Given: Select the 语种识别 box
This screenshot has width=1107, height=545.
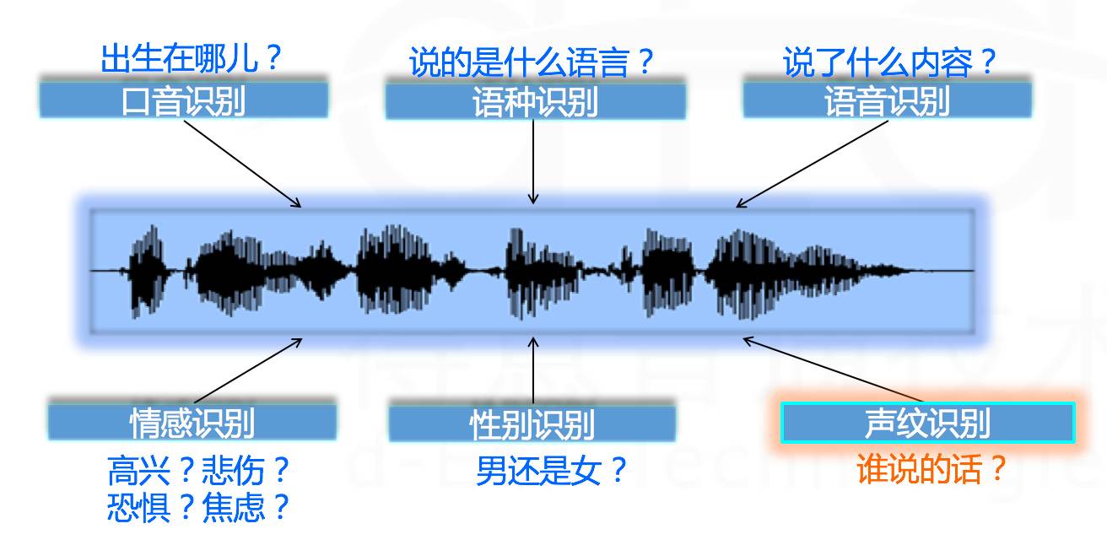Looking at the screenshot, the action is point(535,102).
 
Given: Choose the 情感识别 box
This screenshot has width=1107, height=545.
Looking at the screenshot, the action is point(192,422).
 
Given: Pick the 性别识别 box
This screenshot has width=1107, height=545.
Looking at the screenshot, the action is point(532,424).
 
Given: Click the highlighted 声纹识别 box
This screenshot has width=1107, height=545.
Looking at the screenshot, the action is point(927,423).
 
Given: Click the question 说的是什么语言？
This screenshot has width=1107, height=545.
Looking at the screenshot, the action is point(532,62).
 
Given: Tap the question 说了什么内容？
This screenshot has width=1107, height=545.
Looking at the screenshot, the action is point(889,62).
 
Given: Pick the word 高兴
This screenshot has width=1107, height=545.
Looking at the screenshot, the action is point(128,470).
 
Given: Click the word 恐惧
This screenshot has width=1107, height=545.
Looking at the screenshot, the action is point(128,508).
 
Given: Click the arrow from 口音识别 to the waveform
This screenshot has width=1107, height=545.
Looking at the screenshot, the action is point(242,163).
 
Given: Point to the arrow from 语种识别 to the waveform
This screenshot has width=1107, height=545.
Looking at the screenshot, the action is point(533,160).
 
